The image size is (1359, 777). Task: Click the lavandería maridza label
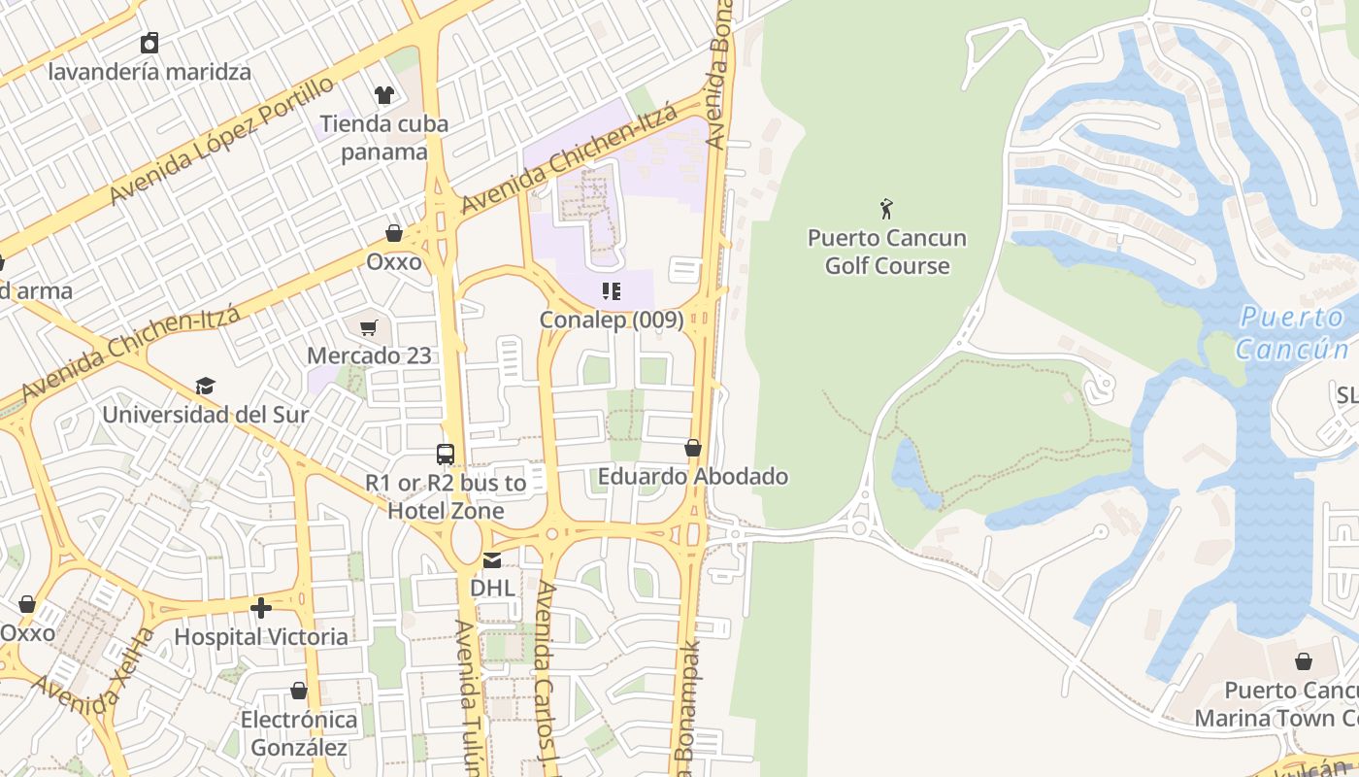click(x=149, y=72)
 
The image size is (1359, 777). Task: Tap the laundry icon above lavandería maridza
click(x=149, y=43)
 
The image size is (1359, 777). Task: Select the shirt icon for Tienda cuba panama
click(x=384, y=95)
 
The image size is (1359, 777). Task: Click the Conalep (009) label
click(x=612, y=320)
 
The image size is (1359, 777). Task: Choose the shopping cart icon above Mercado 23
click(x=369, y=328)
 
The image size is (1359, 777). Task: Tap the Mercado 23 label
click(x=369, y=355)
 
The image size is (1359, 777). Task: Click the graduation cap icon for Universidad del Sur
click(x=205, y=387)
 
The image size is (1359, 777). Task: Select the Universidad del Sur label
click(x=206, y=415)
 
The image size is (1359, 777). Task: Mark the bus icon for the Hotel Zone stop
click(x=445, y=454)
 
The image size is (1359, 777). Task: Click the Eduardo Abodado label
click(x=693, y=477)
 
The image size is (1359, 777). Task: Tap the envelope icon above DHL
click(x=492, y=559)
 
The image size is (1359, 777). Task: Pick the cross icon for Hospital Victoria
click(x=261, y=609)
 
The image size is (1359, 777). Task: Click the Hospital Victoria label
click(x=261, y=637)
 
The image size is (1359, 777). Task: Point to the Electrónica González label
click(x=299, y=733)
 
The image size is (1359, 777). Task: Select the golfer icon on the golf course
click(x=886, y=209)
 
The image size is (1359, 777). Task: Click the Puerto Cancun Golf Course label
click(x=886, y=252)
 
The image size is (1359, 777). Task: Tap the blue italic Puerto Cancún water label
click(x=1293, y=332)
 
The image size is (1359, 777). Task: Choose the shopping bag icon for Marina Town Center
click(x=1303, y=661)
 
